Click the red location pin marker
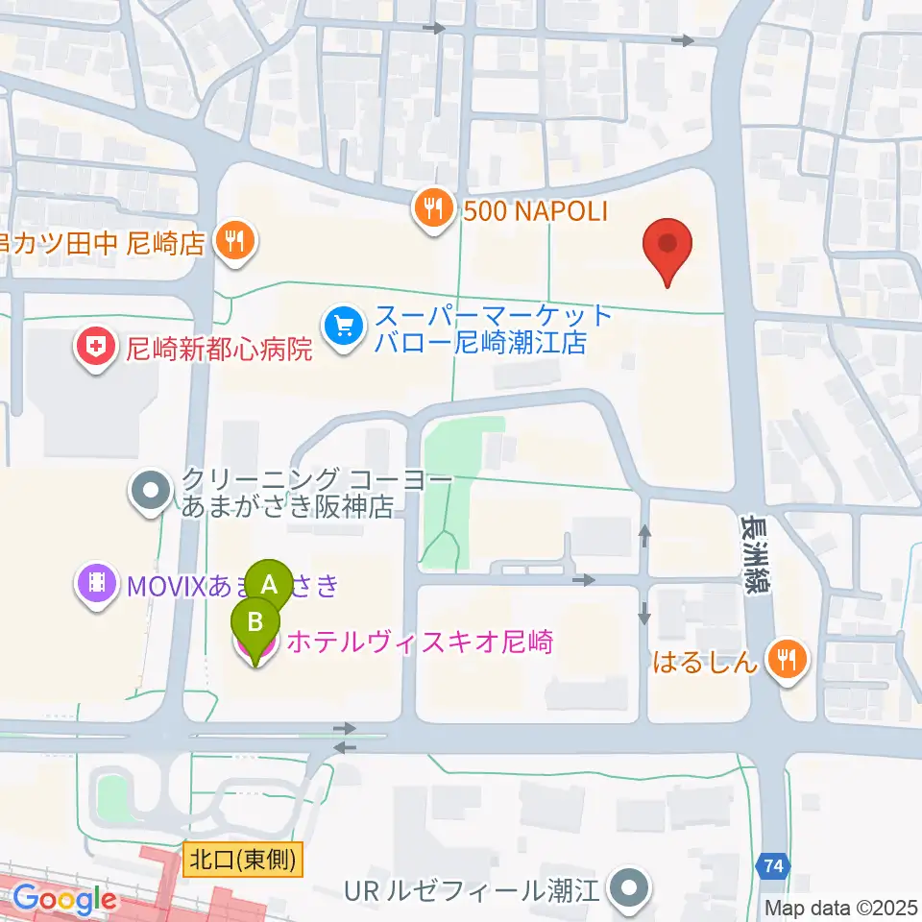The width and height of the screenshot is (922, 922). [x=667, y=246]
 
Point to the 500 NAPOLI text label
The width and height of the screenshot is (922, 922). [x=536, y=210]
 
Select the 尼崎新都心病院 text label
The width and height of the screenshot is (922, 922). [x=220, y=349]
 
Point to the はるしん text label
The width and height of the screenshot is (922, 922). [x=706, y=662]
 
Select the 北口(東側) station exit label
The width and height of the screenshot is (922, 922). [x=242, y=857]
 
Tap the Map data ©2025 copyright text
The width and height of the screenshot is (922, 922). [x=841, y=907]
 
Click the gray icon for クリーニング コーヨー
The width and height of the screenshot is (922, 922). [x=152, y=492]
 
